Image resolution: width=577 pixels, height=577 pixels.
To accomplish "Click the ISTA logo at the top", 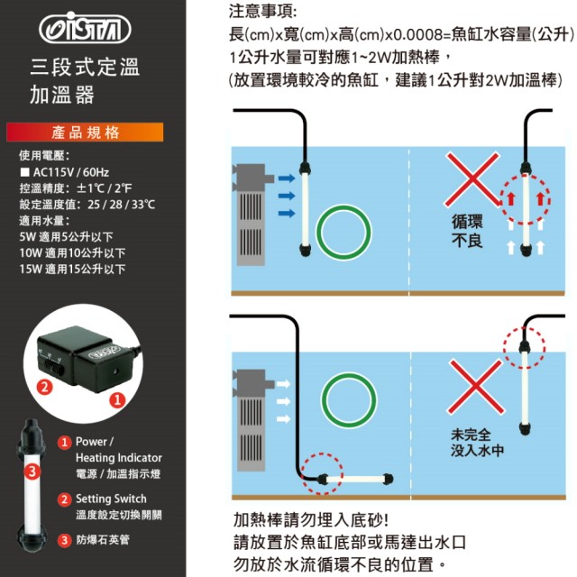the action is (x=85, y=28).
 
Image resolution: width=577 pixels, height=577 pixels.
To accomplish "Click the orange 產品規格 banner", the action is (x=85, y=133).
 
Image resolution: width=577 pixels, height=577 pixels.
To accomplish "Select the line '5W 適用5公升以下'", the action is (x=66, y=236).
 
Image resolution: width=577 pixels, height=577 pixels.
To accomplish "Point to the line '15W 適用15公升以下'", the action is (x=72, y=269).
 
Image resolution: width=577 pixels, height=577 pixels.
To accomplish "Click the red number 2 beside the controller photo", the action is (x=44, y=387).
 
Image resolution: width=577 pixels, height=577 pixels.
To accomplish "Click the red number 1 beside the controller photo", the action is (x=117, y=400).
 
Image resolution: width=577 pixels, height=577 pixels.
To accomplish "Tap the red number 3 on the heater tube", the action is (x=32, y=472).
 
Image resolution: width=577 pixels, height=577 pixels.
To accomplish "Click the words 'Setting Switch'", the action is (x=111, y=499).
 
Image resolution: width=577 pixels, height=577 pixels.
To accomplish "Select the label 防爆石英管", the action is (x=103, y=540).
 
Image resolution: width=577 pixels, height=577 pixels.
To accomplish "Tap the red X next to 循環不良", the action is (x=472, y=180).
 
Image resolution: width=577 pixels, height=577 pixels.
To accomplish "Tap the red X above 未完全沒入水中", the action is (x=475, y=387).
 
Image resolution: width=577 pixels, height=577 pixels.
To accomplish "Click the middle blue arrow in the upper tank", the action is (x=287, y=196).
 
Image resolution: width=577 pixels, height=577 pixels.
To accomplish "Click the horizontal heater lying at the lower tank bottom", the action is (x=355, y=479).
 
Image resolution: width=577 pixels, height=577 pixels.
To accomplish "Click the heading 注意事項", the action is (x=262, y=11).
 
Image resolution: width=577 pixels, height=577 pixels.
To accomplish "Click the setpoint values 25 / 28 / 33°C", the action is (x=122, y=205).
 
